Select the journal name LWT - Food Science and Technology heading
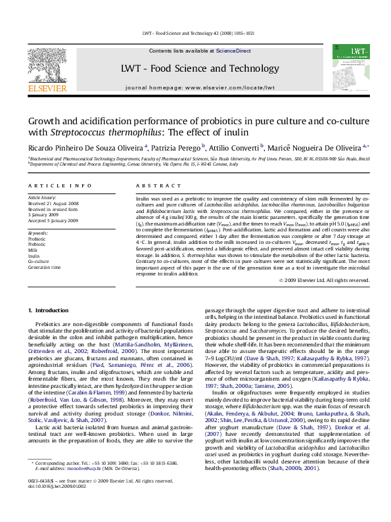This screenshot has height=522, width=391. tap(196, 68)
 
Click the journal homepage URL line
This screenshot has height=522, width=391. tap(196, 86)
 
